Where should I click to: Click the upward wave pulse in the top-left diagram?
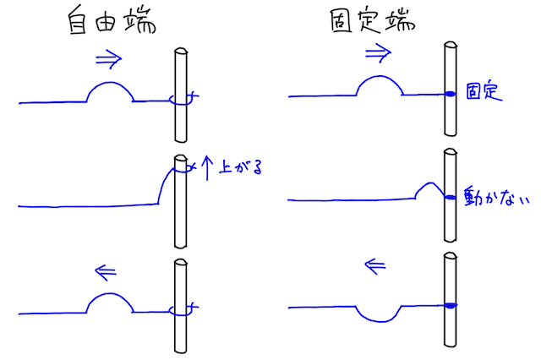point(111,91)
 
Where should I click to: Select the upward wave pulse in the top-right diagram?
point(380,85)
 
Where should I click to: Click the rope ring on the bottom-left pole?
point(182,310)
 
